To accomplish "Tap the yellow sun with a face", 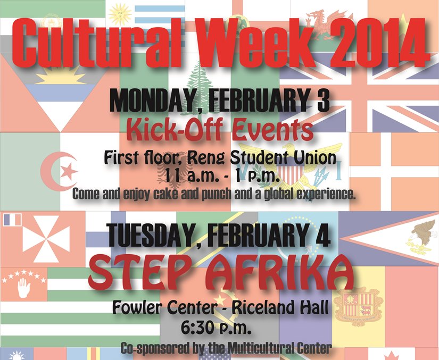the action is pos(120,14).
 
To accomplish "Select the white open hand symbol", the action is pos(24,288).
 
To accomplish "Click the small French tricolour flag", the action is pos(12,220).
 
